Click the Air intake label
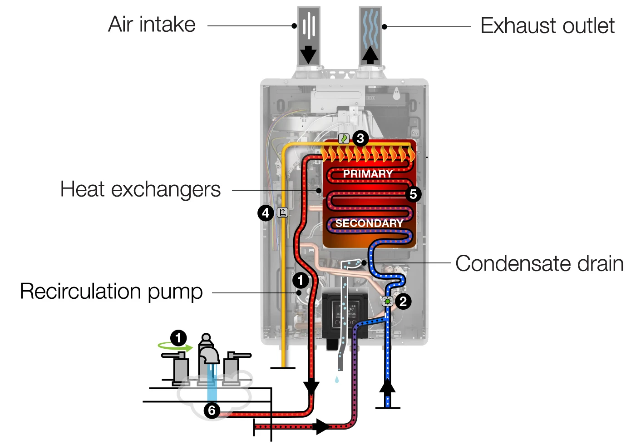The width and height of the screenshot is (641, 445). [x=152, y=25]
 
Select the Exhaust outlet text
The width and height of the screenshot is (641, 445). [x=547, y=26]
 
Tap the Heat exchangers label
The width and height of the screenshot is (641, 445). [x=140, y=189]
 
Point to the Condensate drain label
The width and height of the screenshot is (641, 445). [x=539, y=263]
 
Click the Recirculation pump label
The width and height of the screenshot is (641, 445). [x=111, y=292]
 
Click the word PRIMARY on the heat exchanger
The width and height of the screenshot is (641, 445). [x=368, y=174]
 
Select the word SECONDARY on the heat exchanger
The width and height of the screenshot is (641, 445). [x=369, y=223]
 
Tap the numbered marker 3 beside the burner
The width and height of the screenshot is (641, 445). [x=360, y=138]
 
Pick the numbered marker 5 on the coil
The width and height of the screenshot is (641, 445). [x=413, y=194]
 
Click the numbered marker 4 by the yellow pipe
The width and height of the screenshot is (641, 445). [x=266, y=213]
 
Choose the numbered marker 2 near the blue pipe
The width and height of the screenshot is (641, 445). [x=403, y=301]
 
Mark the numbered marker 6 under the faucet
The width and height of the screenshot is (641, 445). [x=212, y=410]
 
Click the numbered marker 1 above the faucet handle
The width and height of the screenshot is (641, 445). [x=178, y=338]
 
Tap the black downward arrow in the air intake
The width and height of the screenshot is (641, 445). [x=309, y=54]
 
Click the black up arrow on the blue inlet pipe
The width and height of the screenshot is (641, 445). [x=387, y=386]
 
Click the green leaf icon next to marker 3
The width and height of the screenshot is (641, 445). [x=344, y=138]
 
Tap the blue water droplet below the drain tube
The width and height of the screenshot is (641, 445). [x=336, y=379]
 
